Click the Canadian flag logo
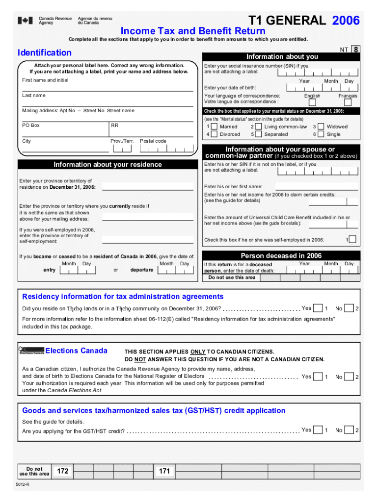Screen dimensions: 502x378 click(26, 21)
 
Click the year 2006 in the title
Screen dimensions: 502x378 click(346, 21)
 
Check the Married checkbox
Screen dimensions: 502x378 click(215, 126)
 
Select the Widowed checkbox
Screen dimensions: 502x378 click(321, 126)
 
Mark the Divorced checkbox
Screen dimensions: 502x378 click(215, 134)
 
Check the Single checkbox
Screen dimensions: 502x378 click(321, 134)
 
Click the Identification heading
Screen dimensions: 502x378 click(44, 52)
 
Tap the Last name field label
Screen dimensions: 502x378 click(33, 96)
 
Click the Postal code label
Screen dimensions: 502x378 click(153, 141)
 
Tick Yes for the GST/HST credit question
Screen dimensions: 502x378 click(318, 430)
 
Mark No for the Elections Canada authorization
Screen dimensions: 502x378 click(349, 377)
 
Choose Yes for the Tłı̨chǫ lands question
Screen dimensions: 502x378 click(318, 308)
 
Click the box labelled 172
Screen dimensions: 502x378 click(62, 471)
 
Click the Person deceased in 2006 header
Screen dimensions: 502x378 click(281, 256)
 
